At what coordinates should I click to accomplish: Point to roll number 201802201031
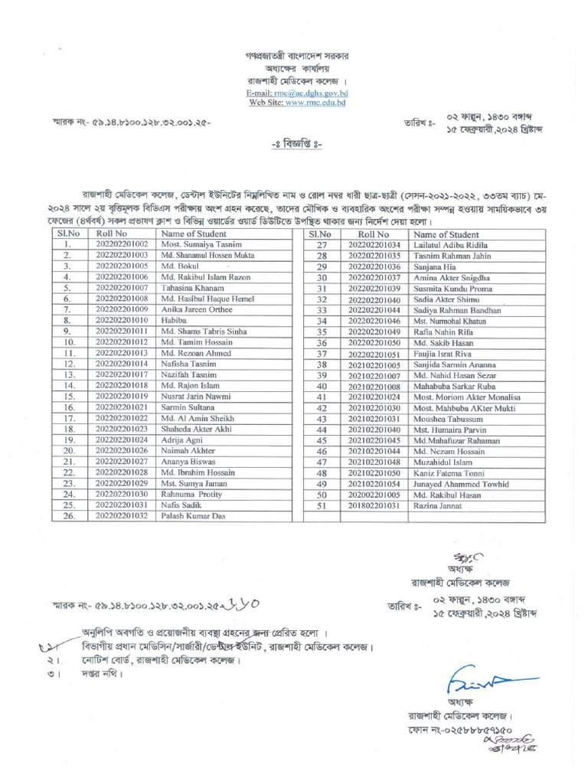tap(374, 506)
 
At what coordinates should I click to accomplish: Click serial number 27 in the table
tap(322, 245)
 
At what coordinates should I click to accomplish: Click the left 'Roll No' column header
tap(112, 234)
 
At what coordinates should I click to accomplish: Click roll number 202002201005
tap(374, 495)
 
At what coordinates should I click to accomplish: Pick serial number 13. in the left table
tap(68, 375)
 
